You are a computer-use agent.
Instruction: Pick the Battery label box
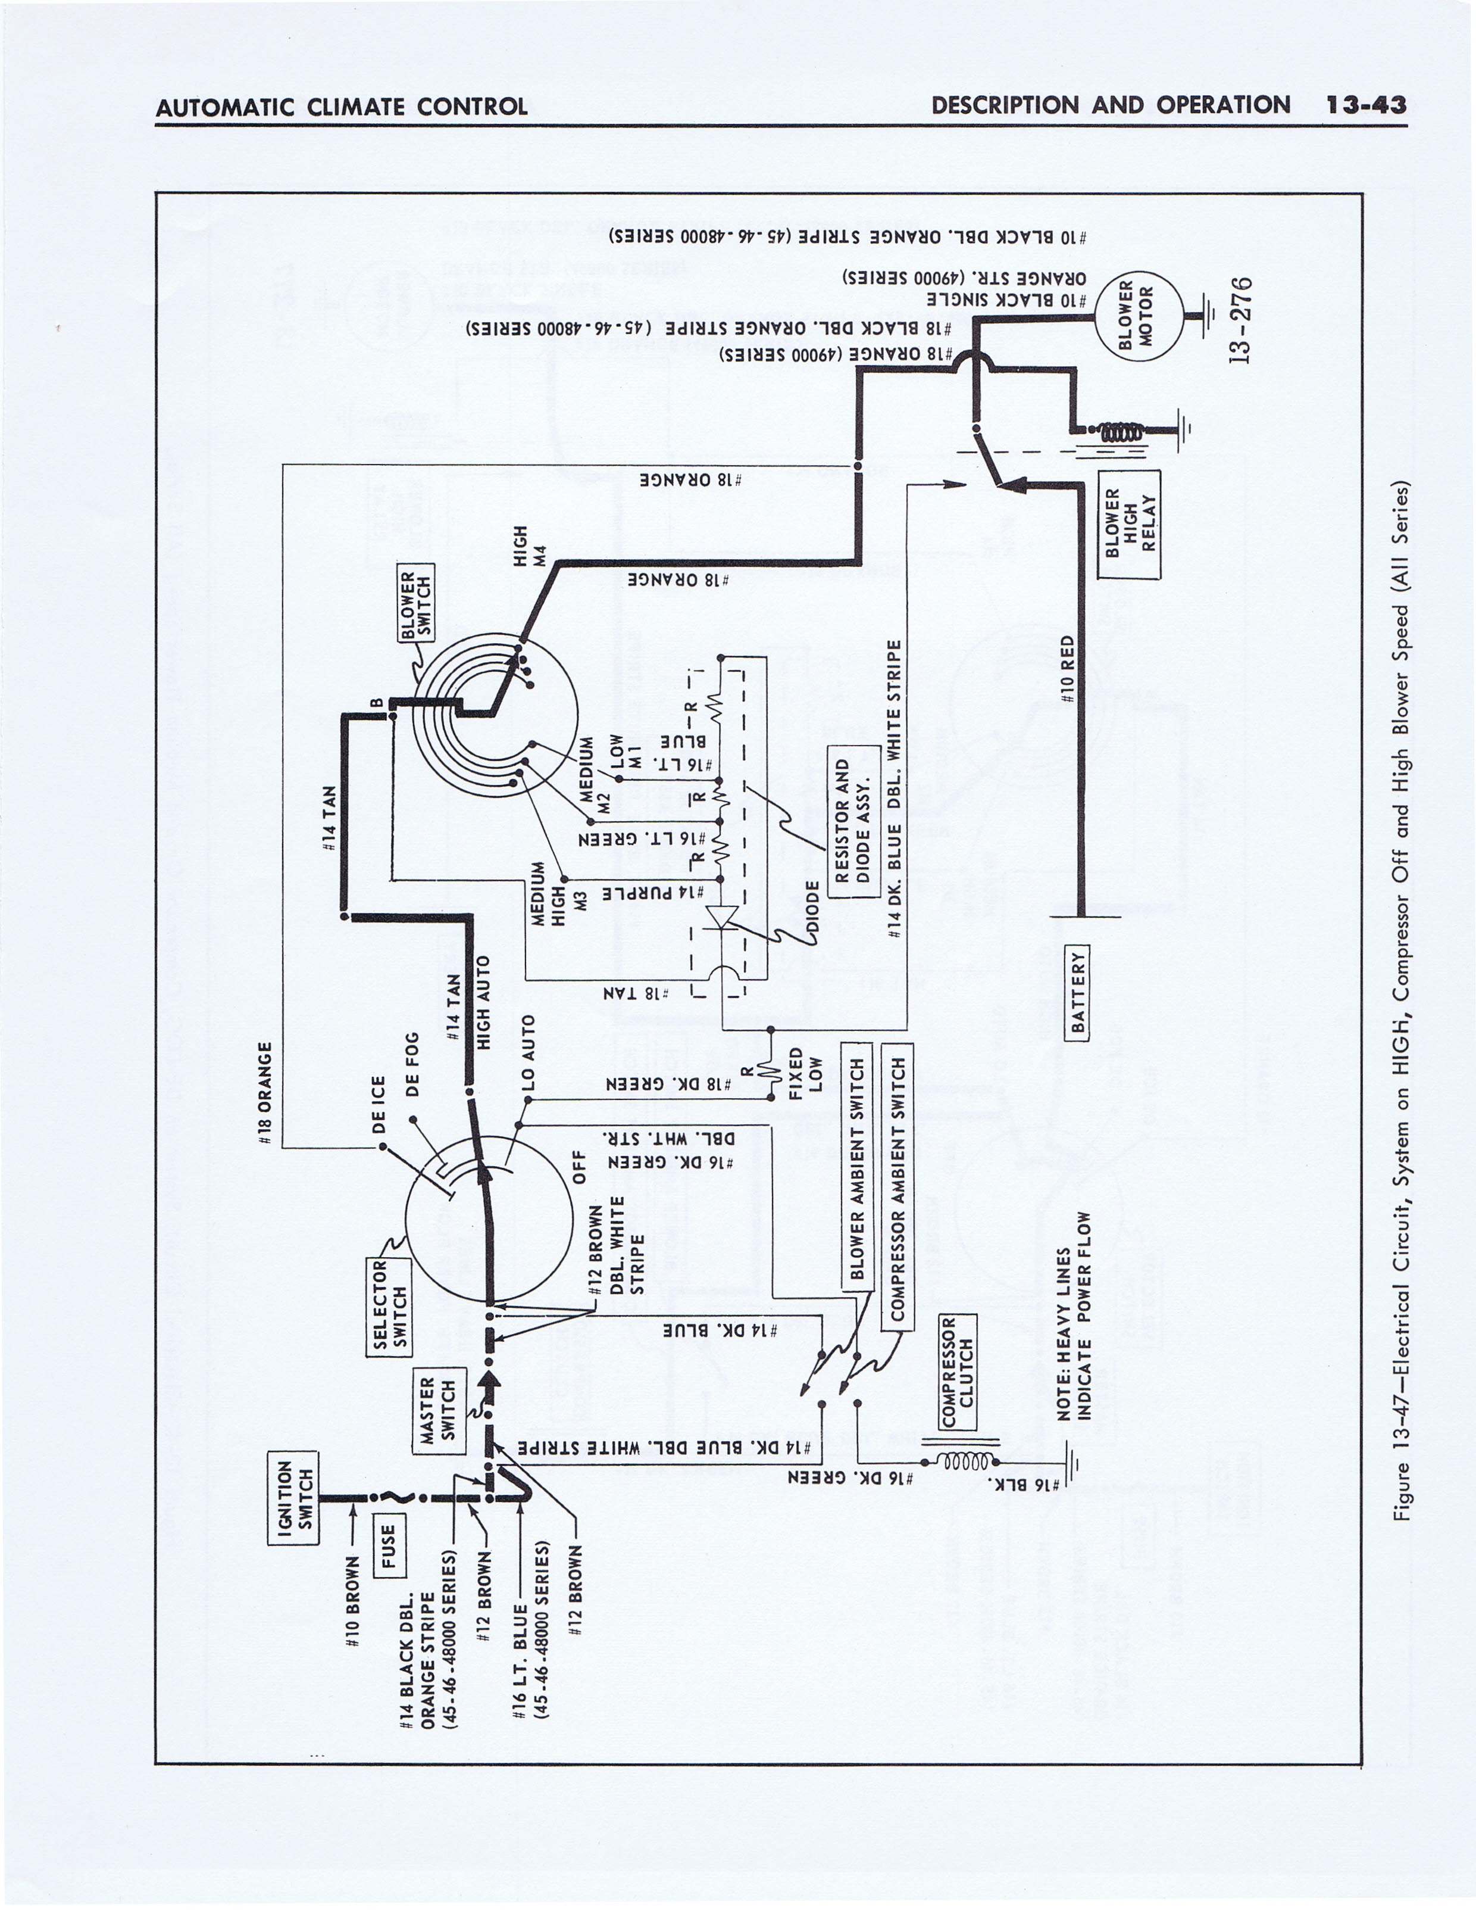click(1077, 992)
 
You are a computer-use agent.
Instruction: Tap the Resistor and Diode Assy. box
click(853, 821)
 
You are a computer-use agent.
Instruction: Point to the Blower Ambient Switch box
click(856, 1166)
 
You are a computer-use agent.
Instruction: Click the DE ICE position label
click(380, 1105)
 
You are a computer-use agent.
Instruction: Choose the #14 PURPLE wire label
click(652, 893)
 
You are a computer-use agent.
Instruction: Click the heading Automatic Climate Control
click(341, 107)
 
